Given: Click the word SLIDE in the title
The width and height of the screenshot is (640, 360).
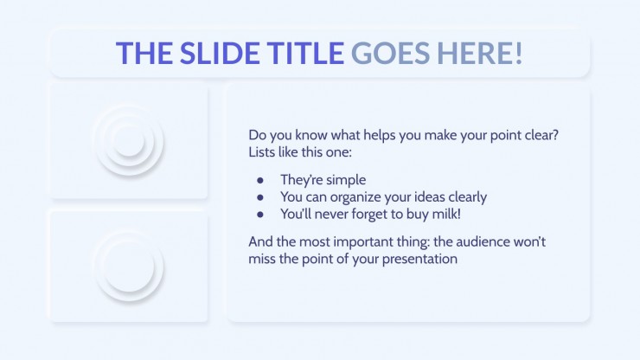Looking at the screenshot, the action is (220, 53).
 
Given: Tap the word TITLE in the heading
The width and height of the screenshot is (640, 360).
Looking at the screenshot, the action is (305, 53).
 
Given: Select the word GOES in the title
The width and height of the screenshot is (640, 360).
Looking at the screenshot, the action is (390, 53).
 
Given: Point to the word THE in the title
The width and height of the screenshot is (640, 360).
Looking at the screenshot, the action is (144, 53).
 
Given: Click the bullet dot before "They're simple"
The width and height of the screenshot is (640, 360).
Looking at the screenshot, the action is (260, 180).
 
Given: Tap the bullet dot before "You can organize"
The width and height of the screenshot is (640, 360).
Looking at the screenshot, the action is (260, 197).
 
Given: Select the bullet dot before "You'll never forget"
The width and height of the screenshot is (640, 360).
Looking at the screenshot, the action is (260, 215).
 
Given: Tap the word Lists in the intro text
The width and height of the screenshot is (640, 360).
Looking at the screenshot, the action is (262, 152).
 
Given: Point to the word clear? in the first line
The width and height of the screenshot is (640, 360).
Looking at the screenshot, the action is (541, 135).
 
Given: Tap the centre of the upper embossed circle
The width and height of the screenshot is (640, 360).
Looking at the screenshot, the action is (129, 141).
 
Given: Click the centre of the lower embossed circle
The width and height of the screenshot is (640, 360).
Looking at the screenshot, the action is (129, 267).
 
